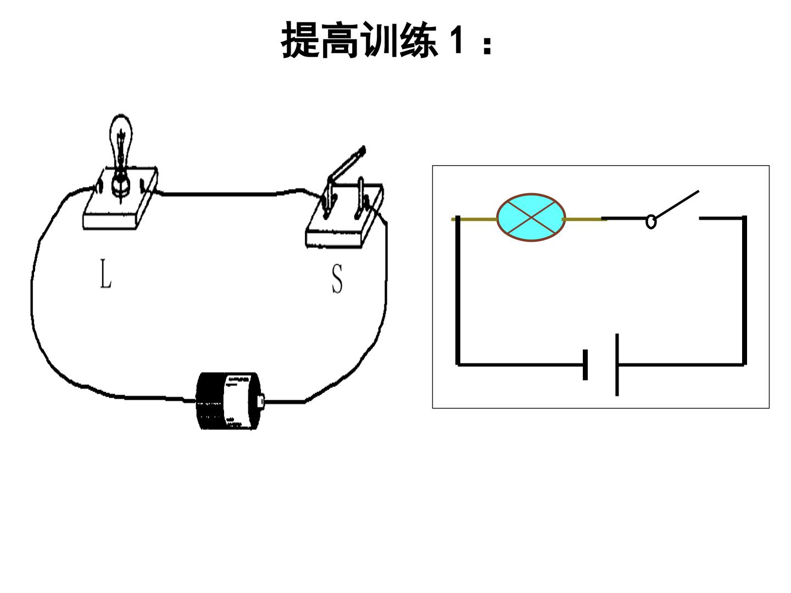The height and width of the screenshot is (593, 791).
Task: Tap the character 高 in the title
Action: coord(340,40)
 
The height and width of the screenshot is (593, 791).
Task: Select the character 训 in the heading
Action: coord(379,40)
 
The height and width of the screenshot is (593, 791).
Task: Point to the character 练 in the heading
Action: coord(419,40)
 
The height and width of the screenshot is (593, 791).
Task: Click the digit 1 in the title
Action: coord(456,40)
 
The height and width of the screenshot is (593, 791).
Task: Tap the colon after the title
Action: coord(487,46)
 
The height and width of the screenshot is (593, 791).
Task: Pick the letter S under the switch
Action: coord(337,278)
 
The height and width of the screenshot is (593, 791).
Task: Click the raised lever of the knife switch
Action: coord(347,164)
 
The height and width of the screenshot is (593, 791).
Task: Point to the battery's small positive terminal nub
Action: coord(261,400)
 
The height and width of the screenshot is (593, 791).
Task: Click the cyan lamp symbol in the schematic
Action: coord(531,217)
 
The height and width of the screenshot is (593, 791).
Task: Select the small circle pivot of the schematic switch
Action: coord(651,221)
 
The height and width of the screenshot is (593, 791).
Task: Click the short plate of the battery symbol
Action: coord(585,365)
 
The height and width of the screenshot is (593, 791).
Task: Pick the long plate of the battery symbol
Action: coord(617,365)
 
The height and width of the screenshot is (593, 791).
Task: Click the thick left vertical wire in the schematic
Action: coord(458,290)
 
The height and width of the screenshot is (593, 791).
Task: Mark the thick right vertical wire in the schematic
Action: coord(744,290)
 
